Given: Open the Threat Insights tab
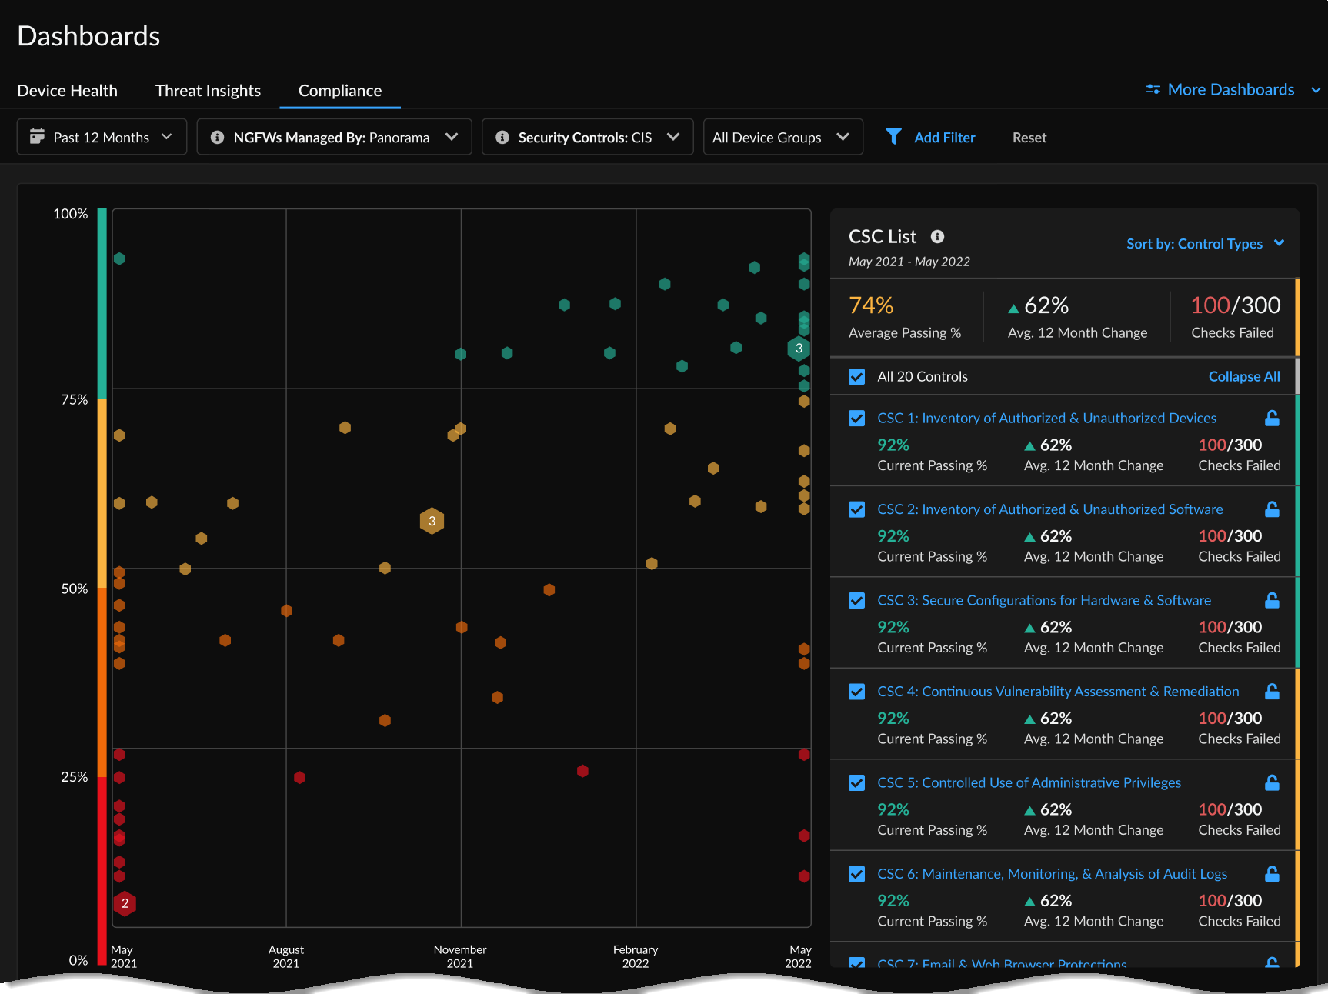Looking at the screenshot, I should point(208,91).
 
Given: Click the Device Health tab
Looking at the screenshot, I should point(67,91).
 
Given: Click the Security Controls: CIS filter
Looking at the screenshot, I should point(587,137).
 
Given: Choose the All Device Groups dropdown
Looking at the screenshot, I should point(782,137).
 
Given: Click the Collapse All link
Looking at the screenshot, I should point(1243,376).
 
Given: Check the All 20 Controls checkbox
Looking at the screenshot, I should point(856,377).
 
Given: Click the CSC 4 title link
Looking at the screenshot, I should point(1058,692).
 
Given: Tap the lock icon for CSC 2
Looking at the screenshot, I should point(1272,509).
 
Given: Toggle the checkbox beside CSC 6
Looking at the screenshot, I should point(856,874).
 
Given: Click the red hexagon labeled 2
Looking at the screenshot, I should point(125,903).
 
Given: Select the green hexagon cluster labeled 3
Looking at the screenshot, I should point(799,349).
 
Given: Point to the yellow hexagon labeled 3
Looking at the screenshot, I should point(432,521).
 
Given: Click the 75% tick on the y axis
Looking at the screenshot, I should point(74,399).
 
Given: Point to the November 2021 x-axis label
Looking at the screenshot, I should point(460,956).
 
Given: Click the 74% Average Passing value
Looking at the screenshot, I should point(871,305).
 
